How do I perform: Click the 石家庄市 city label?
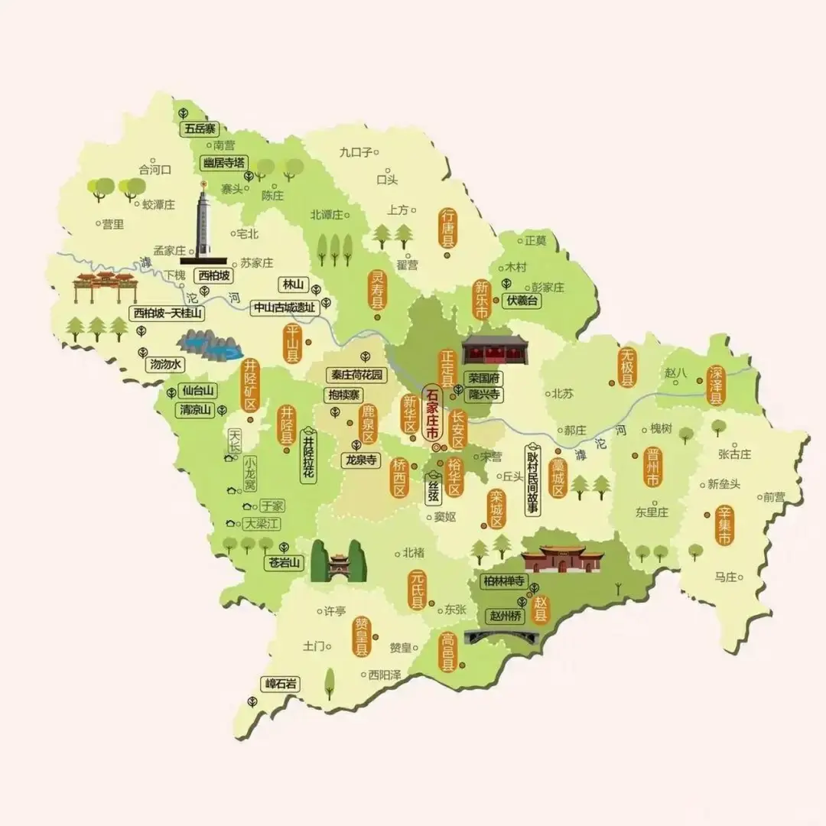pyautogui.click(x=432, y=415)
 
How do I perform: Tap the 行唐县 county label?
pyautogui.click(x=447, y=227)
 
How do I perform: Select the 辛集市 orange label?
pyautogui.click(x=723, y=526)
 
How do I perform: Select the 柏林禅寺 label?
pyautogui.click(x=503, y=582)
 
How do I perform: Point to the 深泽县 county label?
pyautogui.click(x=716, y=385)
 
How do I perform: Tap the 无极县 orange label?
pyautogui.click(x=627, y=367)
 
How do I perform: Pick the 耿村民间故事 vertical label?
pyautogui.click(x=533, y=480)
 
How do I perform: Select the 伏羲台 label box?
pyautogui.click(x=522, y=301)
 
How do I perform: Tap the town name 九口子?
pyautogui.click(x=356, y=152)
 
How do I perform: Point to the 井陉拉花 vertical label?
pyautogui.click(x=309, y=457)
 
